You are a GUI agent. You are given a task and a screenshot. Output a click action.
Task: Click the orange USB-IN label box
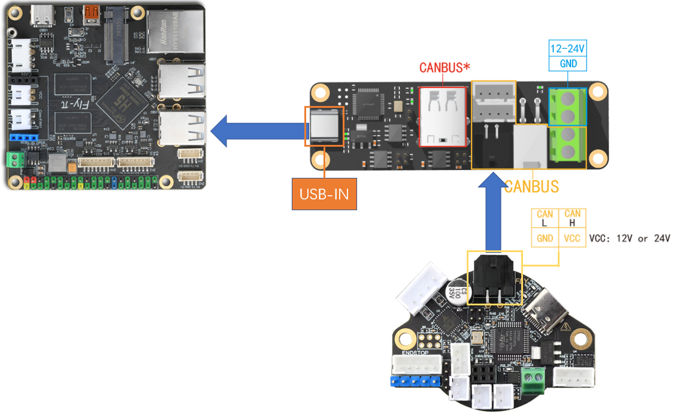(324, 193)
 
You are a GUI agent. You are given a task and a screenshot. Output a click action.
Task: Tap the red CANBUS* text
(444, 67)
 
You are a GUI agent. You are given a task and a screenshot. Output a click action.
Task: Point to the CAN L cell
(545, 219)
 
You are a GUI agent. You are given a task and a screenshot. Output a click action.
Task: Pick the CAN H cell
(572, 219)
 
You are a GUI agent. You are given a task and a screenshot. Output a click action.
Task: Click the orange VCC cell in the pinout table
(572, 238)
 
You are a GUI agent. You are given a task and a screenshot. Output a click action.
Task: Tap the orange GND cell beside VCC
(545, 238)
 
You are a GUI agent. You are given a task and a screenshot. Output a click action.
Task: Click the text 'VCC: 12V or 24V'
(630, 238)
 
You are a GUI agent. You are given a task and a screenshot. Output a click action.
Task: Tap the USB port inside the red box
(443, 116)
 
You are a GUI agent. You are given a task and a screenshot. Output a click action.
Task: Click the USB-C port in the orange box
(324, 126)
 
